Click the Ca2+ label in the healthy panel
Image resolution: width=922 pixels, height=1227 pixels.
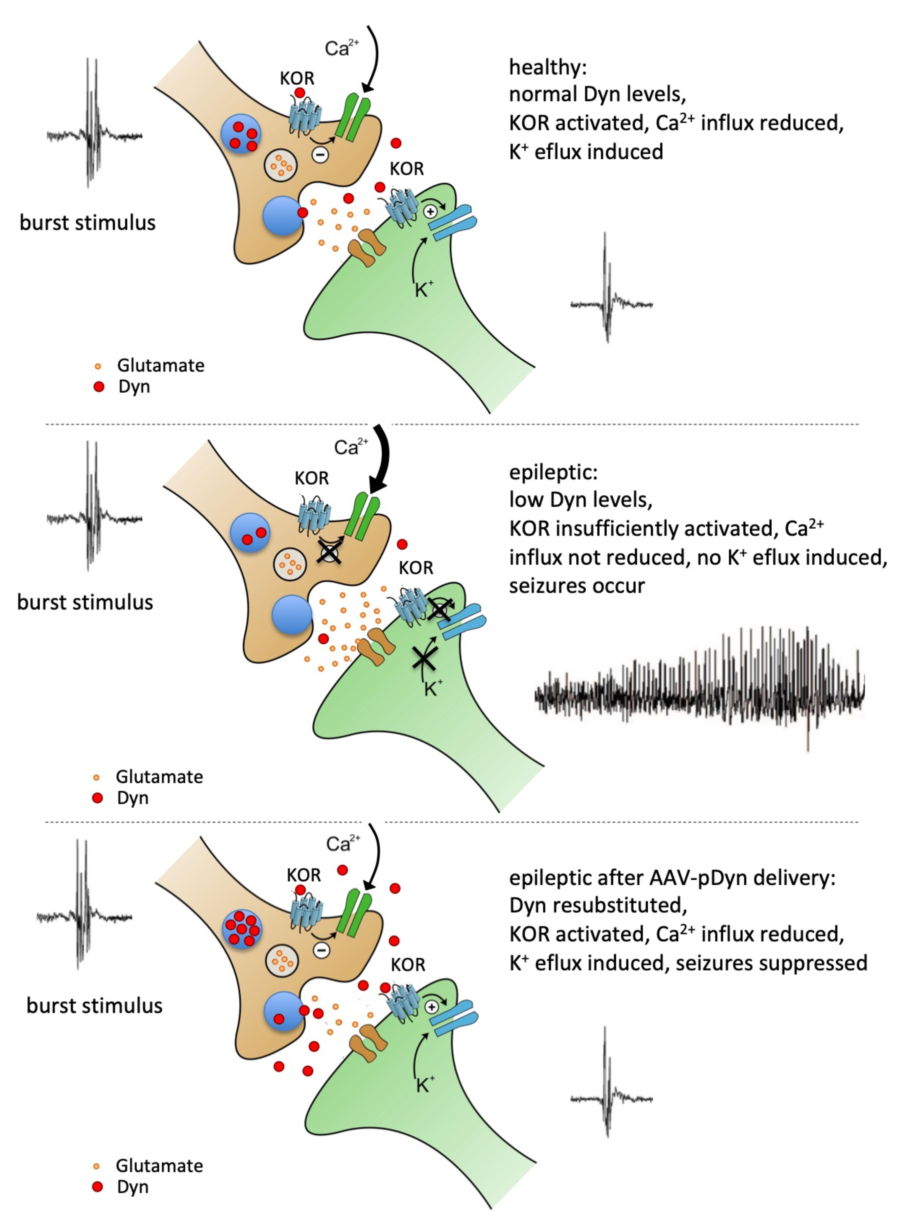click(341, 48)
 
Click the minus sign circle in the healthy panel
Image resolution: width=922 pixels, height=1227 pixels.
click(320, 155)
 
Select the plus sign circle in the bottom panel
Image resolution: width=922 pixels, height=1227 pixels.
click(431, 1007)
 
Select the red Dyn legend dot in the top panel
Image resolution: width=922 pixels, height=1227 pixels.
click(99, 387)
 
